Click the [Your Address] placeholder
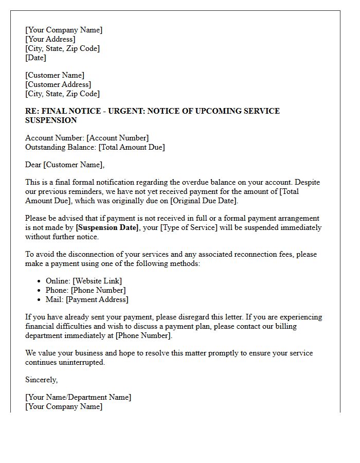[50, 39]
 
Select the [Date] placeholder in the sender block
[36, 58]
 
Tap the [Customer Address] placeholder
[58, 84]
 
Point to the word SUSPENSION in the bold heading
[51, 120]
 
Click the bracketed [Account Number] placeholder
[117, 138]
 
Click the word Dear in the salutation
[33, 165]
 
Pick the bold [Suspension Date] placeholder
[107, 227]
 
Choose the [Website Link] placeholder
[97, 281]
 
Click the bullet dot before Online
[40, 281]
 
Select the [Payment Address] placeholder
[97, 299]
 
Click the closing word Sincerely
[41, 380]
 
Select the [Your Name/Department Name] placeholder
[78, 397]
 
